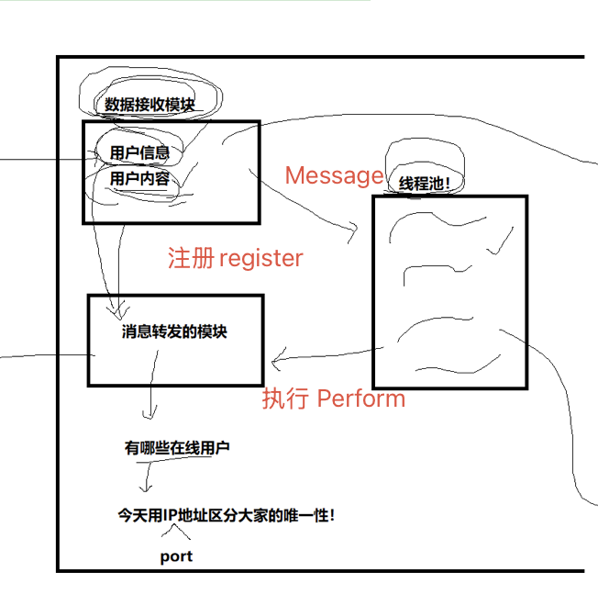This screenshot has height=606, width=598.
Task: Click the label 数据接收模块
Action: coord(149,105)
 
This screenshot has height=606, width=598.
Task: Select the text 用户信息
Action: coord(139,152)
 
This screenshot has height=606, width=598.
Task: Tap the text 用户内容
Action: coord(139,178)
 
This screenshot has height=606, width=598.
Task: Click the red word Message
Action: coord(334,175)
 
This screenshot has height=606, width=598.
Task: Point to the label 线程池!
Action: coord(425,184)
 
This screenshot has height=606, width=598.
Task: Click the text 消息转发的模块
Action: coord(174,331)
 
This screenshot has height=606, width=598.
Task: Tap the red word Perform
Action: coord(360,398)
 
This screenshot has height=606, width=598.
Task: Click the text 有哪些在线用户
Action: coord(177,448)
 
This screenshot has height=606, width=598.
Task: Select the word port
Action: coord(176,556)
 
